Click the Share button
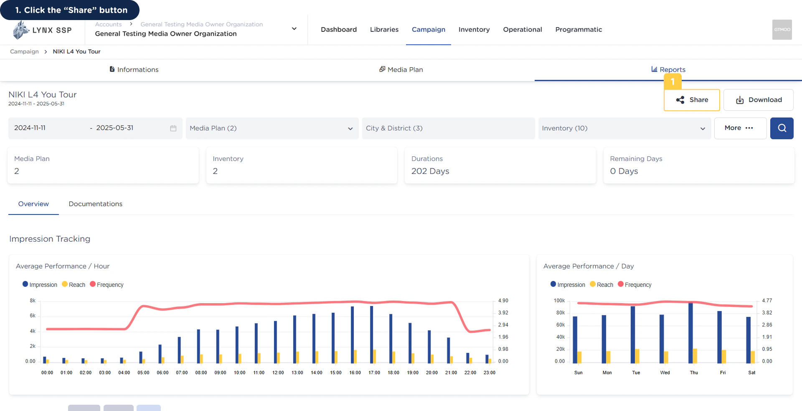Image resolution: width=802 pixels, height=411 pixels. (x=692, y=100)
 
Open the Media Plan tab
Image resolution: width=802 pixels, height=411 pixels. (x=401, y=69)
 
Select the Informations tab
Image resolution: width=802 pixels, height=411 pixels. (x=134, y=69)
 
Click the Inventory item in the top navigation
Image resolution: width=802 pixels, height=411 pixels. (x=474, y=29)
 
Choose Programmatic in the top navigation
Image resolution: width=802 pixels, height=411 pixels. (x=579, y=29)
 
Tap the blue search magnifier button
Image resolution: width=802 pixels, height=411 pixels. (x=782, y=128)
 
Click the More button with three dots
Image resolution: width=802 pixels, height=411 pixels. (x=740, y=128)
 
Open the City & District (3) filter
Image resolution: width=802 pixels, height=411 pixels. (x=448, y=128)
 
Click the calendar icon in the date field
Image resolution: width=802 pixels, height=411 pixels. (x=173, y=128)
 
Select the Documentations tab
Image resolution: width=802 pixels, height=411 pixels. (x=96, y=204)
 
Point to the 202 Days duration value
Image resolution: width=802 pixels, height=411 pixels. (x=430, y=171)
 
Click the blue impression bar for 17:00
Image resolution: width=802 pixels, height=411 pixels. (x=371, y=334)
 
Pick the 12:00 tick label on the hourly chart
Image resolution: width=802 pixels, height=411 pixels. (x=278, y=373)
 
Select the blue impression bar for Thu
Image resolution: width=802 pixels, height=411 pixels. (x=690, y=333)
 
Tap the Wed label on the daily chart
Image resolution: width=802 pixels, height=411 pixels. (x=665, y=373)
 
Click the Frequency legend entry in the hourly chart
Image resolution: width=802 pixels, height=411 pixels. (x=107, y=285)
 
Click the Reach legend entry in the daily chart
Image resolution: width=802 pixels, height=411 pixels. (x=601, y=285)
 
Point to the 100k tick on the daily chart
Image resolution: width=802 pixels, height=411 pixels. (x=559, y=301)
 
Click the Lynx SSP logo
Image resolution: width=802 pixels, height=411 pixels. (x=42, y=30)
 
